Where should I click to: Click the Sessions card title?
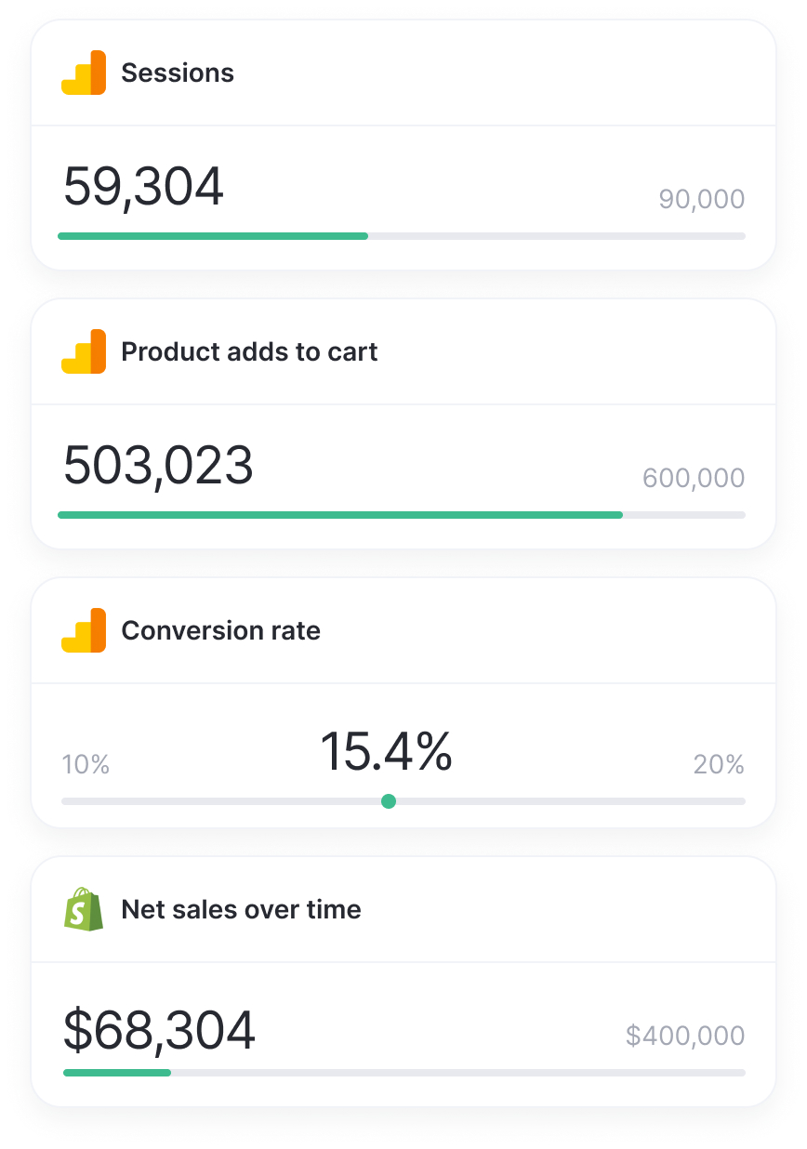(178, 73)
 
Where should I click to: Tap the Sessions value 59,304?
(143, 186)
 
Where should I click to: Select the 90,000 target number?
(701, 199)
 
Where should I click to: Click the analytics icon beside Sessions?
(84, 73)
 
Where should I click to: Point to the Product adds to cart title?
(249, 351)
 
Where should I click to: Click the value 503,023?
(158, 465)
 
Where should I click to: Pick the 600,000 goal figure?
(694, 478)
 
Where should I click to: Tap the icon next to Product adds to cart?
(84, 351)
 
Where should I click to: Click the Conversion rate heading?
(220, 630)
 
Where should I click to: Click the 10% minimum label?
(86, 765)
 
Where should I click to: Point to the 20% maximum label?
(719, 765)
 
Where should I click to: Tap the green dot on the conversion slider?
(389, 801)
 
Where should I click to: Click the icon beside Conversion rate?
(84, 630)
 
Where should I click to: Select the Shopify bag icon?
(84, 909)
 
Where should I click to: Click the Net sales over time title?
(241, 909)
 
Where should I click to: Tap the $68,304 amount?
(159, 1030)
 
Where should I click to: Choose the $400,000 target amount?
(685, 1036)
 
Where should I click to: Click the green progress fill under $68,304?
(117, 1073)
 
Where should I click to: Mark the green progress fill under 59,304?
(213, 236)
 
